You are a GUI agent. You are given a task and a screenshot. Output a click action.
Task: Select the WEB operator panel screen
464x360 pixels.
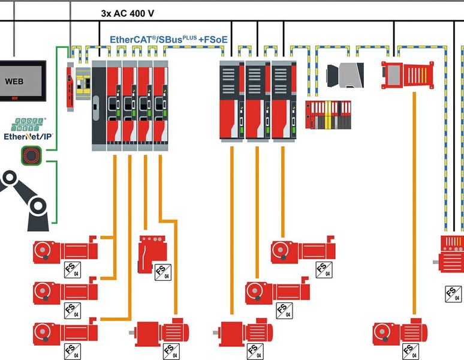coord(22,81)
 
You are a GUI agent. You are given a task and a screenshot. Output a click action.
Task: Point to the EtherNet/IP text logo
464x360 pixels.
coord(28,136)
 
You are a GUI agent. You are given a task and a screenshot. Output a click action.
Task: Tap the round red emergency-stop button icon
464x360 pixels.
coord(29,154)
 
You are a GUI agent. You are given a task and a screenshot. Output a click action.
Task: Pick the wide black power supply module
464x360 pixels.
coord(98,104)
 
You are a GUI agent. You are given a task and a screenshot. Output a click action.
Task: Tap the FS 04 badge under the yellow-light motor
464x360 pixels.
coord(454,294)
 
